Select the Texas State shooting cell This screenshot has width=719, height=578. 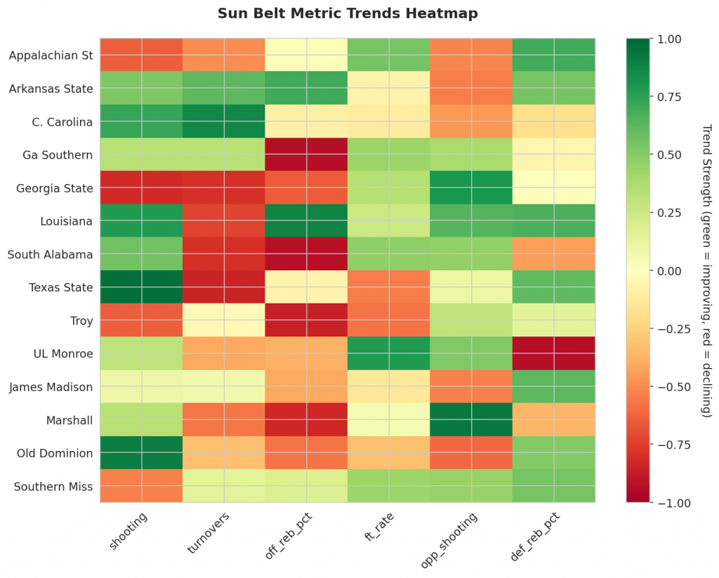pyautogui.click(x=140, y=287)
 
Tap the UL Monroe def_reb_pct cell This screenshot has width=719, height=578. pyautogui.click(x=554, y=353)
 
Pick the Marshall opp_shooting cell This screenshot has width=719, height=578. pyautogui.click(x=471, y=419)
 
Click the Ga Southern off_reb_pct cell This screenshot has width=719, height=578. pyautogui.click(x=306, y=155)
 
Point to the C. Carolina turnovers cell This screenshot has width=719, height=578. pyautogui.click(x=223, y=121)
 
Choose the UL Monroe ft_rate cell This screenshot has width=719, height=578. pyautogui.click(x=389, y=353)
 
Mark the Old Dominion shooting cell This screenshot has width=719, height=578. pyautogui.click(x=140, y=453)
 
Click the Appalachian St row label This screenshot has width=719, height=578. pyautogui.click(x=51, y=55)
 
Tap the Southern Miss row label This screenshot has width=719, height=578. pyautogui.click(x=53, y=486)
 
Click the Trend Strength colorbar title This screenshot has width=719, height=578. pyautogui.click(x=706, y=270)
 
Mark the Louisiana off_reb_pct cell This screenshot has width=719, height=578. pyautogui.click(x=306, y=221)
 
